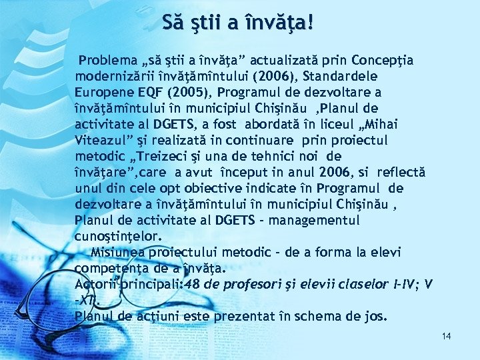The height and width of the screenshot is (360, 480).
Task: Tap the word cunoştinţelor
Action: click(x=118, y=237)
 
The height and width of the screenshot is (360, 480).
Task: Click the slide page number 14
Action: click(x=446, y=336)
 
